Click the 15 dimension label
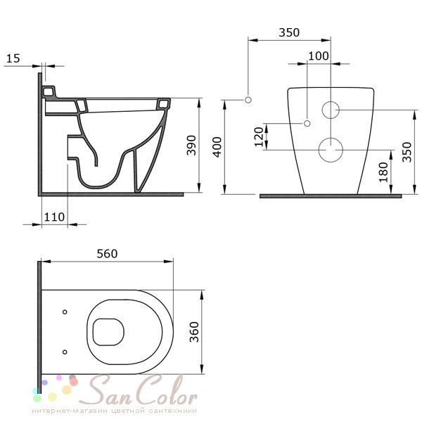tap(13, 58)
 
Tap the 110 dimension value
tap(54, 217)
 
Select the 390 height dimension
tap(191, 146)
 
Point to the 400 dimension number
tap(217, 147)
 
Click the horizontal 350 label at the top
tap(289, 32)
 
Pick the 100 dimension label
tap(319, 56)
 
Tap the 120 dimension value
tap(258, 136)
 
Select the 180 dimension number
tap(383, 172)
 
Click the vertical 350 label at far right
tap(407, 152)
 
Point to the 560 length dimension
tap(107, 254)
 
